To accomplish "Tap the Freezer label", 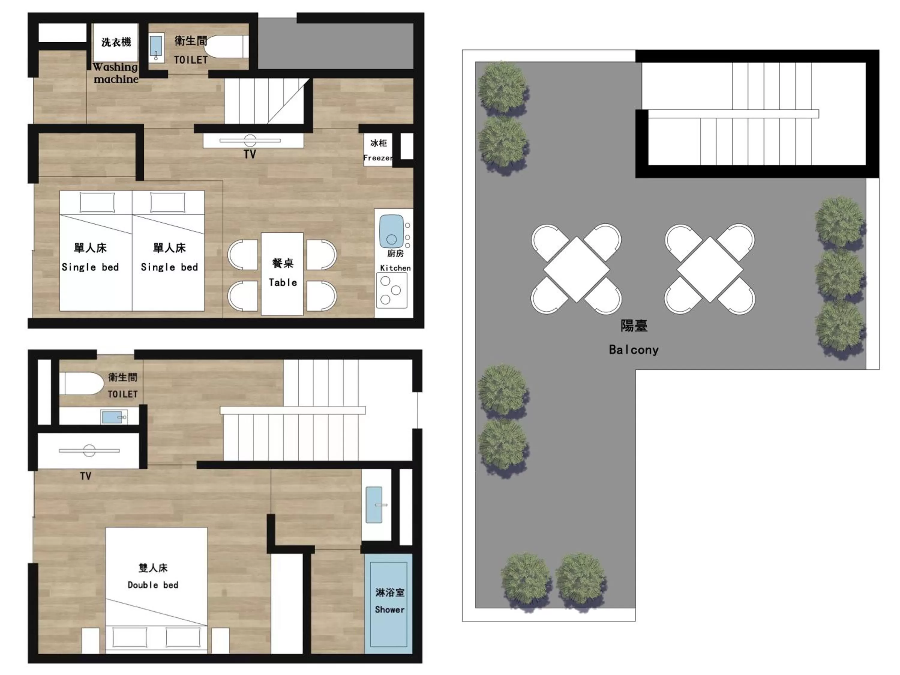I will (378, 158).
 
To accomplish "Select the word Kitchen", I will (395, 268).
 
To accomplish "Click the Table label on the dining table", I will (283, 283).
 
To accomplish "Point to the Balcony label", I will (634, 350).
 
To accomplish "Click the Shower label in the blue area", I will (389, 610).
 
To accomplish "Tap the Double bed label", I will (153, 585).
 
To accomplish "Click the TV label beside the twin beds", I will (250, 154).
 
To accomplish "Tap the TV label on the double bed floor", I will (85, 476).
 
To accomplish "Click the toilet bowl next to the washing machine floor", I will (226, 47).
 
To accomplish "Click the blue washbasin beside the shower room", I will (374, 505).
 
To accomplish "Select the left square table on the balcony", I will (576, 270).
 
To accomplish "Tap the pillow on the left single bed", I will (97, 202).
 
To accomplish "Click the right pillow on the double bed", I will (183, 637).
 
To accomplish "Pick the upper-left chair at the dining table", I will (243, 254).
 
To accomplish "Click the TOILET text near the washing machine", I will (191, 60).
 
